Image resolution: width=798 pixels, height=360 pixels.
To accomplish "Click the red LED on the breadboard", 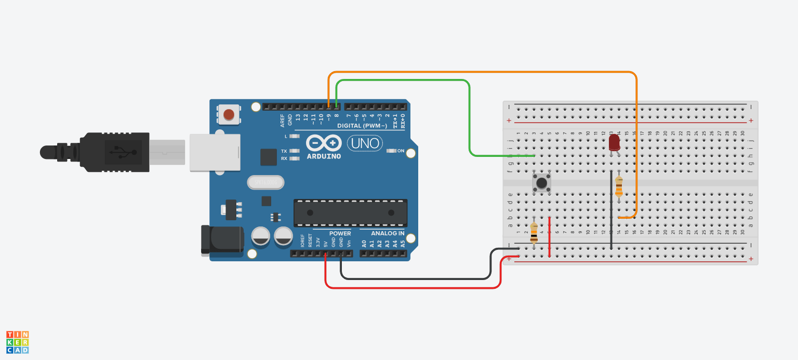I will click(614, 142).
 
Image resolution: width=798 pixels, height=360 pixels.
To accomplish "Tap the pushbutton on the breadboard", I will click(542, 183).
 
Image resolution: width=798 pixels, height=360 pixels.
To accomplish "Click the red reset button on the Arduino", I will click(229, 114).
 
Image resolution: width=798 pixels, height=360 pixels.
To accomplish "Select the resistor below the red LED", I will click(619, 186).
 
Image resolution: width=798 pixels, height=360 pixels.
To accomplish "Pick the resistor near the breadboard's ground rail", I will click(534, 233).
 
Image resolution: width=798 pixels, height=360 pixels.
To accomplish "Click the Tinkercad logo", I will click(18, 342).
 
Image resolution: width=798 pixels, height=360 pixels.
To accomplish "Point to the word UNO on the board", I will click(365, 142).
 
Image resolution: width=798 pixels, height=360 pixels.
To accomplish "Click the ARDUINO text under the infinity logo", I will click(324, 156).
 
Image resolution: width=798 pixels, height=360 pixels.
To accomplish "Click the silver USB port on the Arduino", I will click(215, 152).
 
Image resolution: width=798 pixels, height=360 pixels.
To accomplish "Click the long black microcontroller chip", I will click(350, 212).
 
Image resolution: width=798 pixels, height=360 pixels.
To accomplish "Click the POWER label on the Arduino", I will click(340, 233).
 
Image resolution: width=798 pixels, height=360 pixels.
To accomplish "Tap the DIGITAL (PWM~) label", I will click(362, 126).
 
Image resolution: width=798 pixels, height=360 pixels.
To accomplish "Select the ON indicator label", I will click(400, 151).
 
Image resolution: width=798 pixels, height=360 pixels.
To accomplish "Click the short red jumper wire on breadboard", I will click(550, 237).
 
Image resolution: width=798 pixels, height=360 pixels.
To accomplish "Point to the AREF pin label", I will click(283, 121).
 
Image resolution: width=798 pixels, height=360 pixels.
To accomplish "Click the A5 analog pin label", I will click(403, 243).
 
